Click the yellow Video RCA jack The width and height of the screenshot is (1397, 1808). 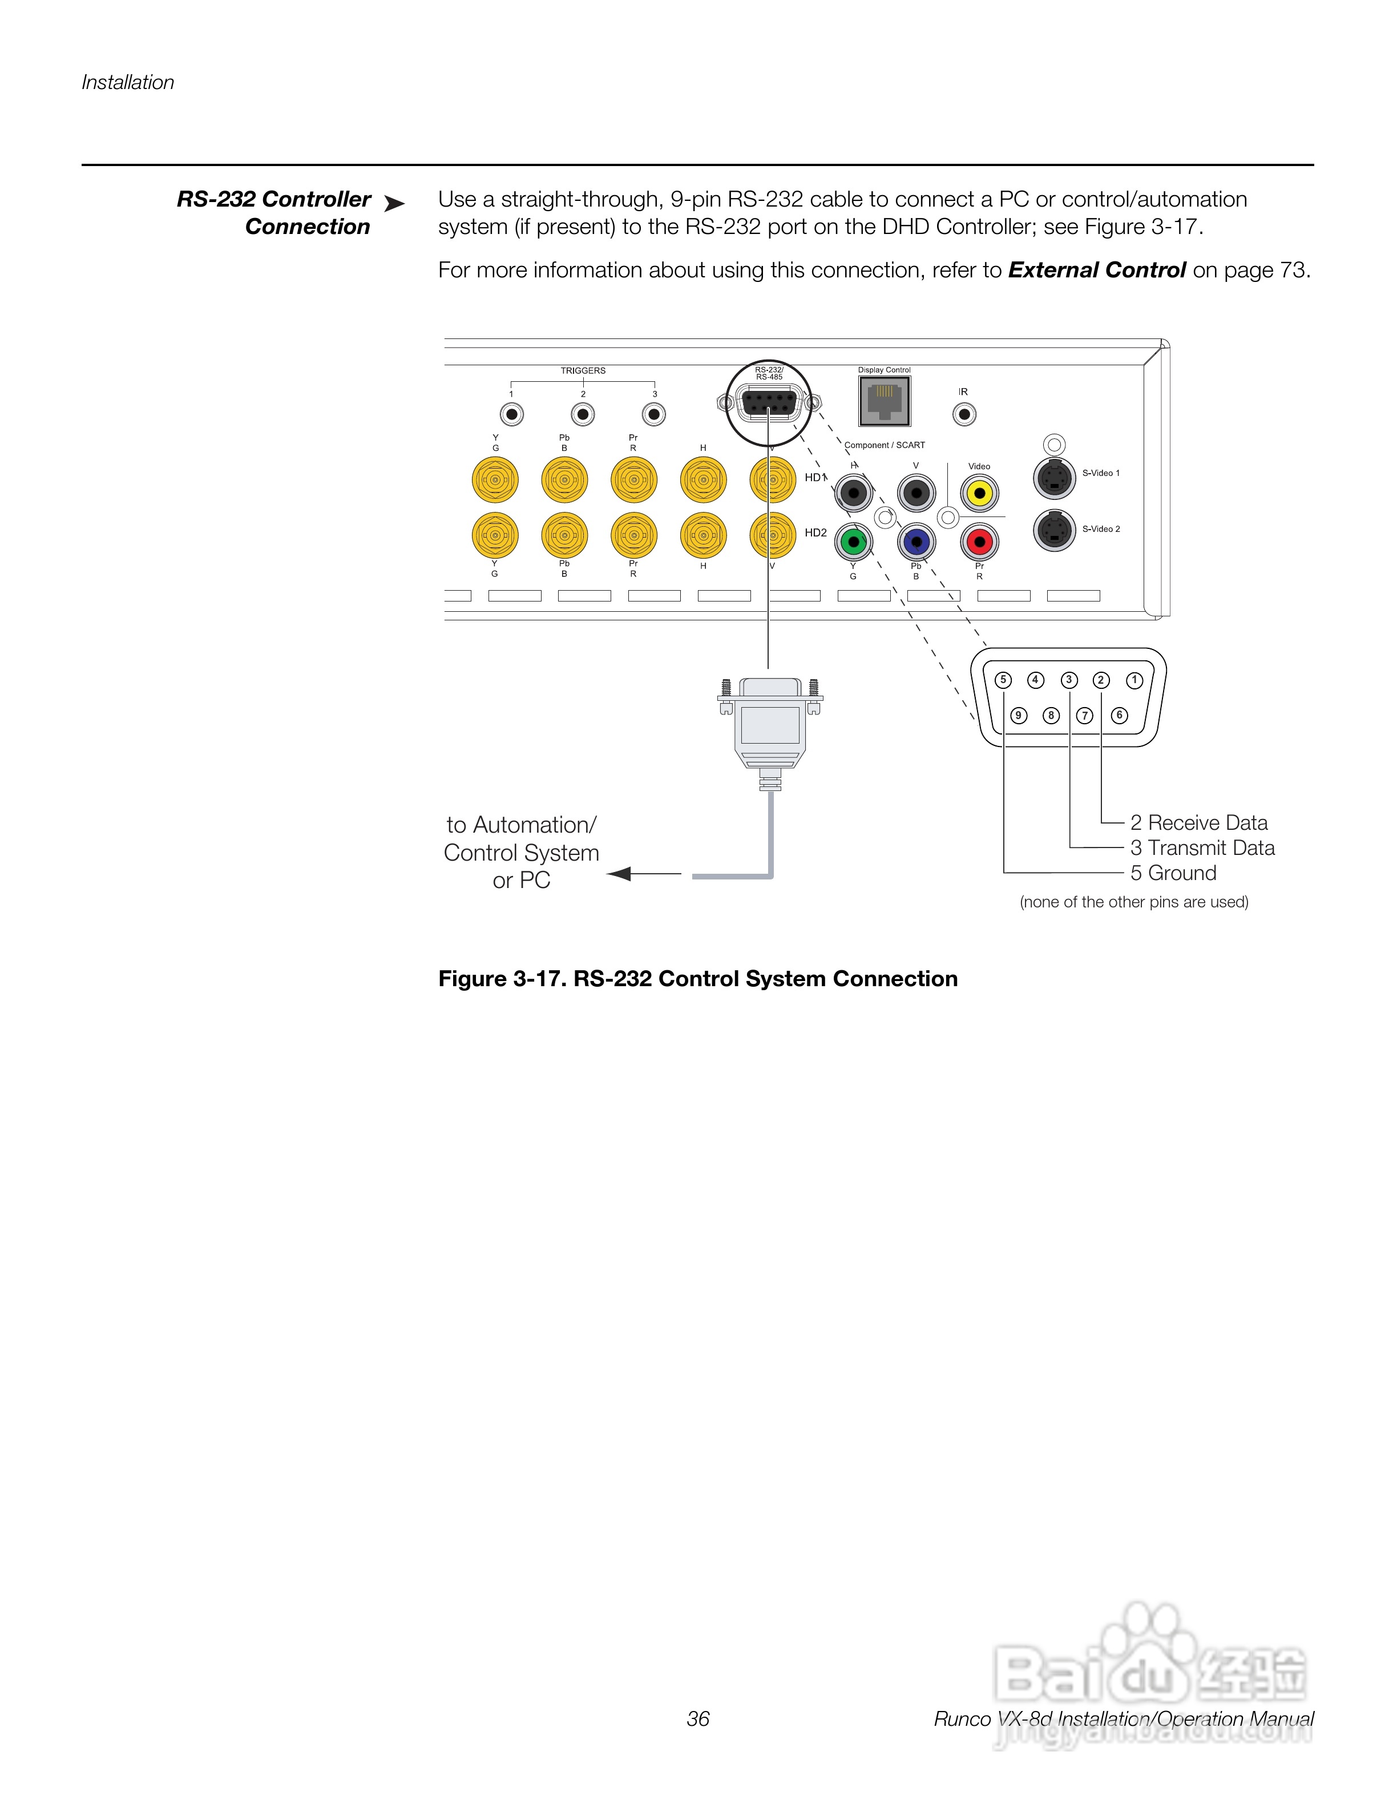tap(979, 494)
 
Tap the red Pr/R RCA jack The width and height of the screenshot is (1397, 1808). tap(979, 542)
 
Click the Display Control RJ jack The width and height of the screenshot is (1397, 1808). tap(885, 402)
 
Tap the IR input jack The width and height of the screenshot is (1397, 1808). tap(964, 414)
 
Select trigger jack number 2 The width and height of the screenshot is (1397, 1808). tap(583, 414)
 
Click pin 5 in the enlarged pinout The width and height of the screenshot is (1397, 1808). tap(1003, 680)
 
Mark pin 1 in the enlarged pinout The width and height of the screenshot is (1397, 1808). tap(1134, 680)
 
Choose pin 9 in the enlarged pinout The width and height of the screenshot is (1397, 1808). tap(1019, 715)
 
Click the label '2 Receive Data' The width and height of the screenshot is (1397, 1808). tap(1198, 823)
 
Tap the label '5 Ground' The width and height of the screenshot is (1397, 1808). tap(1173, 873)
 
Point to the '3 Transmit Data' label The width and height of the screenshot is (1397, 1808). tap(1202, 847)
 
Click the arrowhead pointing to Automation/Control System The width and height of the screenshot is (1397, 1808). tap(619, 873)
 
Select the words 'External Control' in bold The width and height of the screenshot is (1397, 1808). tap(1097, 270)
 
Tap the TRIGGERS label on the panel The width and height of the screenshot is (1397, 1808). tap(583, 371)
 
